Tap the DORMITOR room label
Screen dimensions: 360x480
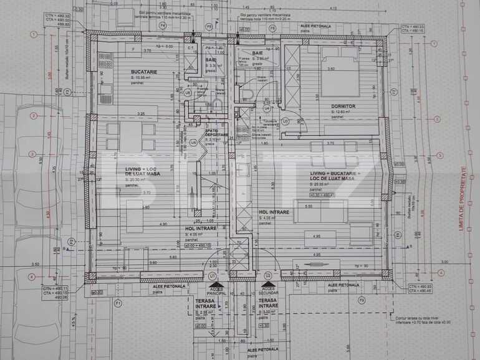tap(343, 107)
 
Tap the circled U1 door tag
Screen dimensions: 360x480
tap(213, 275)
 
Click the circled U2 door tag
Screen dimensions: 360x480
tap(267, 275)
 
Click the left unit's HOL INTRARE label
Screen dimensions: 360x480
tap(201, 229)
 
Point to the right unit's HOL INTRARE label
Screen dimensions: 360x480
tap(274, 212)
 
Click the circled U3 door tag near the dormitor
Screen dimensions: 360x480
tap(286, 120)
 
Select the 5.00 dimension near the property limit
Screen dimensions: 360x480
tap(444, 262)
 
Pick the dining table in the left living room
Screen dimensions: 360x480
tap(130, 137)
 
